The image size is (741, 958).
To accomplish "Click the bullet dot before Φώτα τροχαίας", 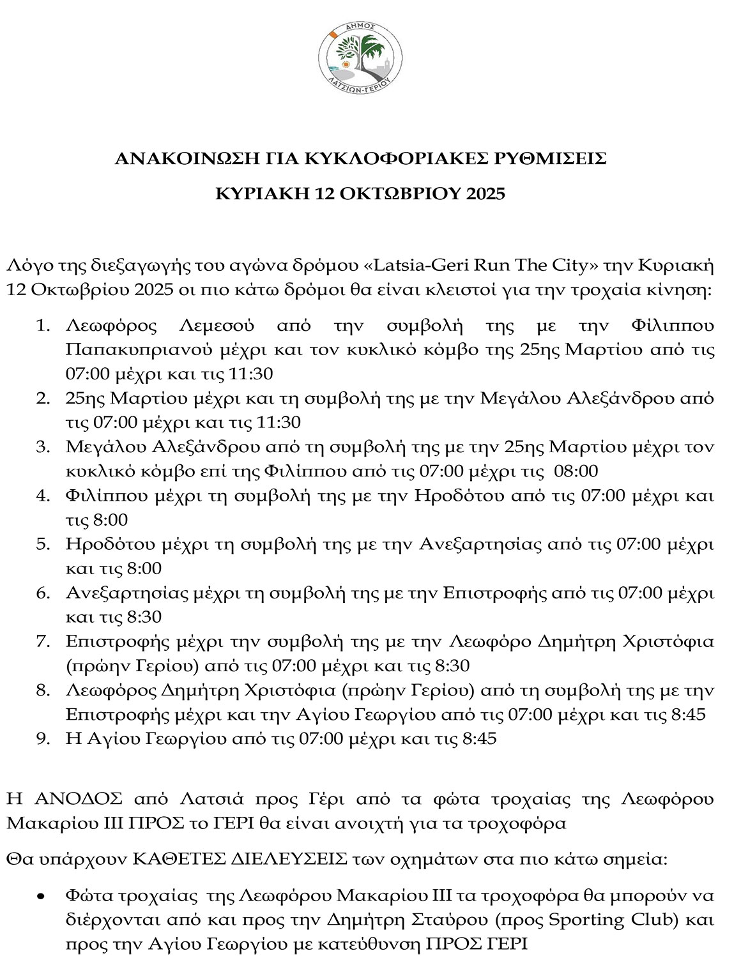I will click(x=41, y=897).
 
